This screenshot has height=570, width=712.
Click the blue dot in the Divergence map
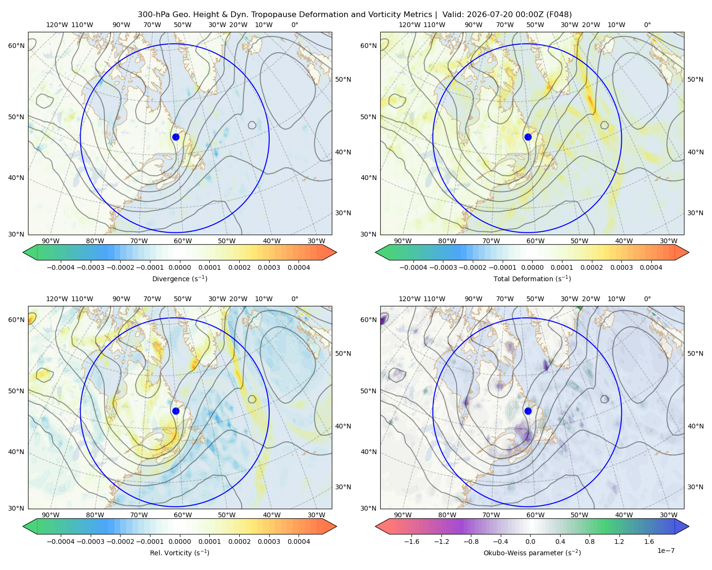pos(176,137)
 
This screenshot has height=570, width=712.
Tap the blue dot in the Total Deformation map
pos(528,137)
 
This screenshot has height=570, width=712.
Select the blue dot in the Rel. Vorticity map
pos(176,411)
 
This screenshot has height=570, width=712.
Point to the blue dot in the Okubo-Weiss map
pos(528,411)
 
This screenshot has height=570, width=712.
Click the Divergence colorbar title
pos(179,278)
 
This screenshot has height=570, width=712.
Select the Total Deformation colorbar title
pos(532,278)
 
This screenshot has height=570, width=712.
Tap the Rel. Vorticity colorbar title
pos(179,552)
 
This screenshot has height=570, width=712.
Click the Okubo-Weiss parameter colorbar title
pos(532,552)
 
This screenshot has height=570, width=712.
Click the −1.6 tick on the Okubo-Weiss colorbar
pos(412,541)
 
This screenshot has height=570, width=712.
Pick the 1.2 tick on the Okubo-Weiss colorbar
pos(619,541)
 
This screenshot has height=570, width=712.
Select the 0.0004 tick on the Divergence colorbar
pos(299,267)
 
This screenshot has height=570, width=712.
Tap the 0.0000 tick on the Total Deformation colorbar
pos(532,267)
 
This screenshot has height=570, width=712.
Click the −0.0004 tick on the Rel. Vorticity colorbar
pos(61,541)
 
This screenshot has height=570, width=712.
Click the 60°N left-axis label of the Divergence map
pos(16,46)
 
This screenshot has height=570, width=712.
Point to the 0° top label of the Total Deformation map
pos(647,25)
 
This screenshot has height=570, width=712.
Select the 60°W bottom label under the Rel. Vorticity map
pos(183,515)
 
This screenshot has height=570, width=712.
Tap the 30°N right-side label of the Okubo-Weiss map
pos(695,487)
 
